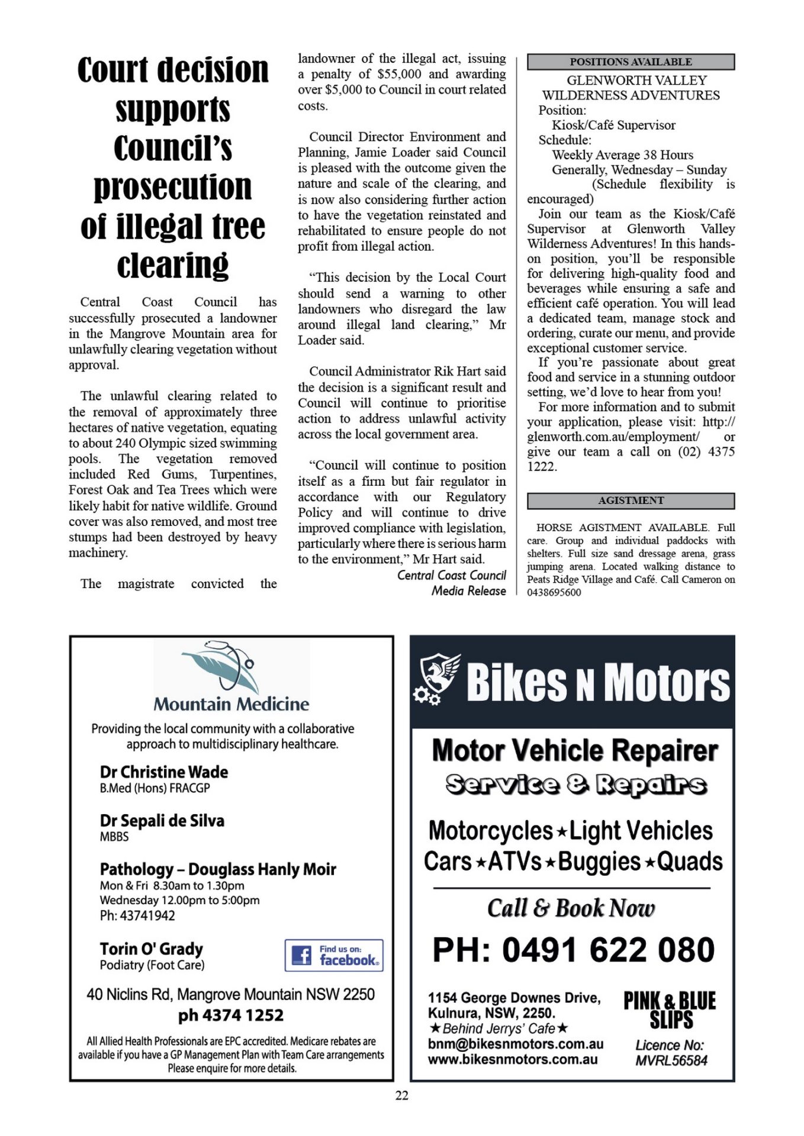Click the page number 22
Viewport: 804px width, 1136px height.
click(x=401, y=1096)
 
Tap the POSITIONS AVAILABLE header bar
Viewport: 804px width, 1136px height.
click(x=631, y=62)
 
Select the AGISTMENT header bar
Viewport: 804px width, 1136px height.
click(x=631, y=501)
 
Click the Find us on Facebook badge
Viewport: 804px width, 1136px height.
click(x=334, y=955)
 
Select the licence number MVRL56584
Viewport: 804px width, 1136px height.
click(x=671, y=1060)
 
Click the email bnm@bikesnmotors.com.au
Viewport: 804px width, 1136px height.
click(x=515, y=1044)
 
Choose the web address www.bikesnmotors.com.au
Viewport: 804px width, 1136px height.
click(x=513, y=1060)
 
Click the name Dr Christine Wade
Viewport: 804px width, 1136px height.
click(x=164, y=772)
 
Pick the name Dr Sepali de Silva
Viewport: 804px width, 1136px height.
click(x=162, y=821)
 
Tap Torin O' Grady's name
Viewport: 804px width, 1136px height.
click(x=152, y=949)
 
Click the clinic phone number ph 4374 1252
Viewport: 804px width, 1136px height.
click(x=231, y=1015)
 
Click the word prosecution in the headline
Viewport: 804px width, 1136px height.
click(x=173, y=188)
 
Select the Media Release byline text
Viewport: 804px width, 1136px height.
click(x=468, y=590)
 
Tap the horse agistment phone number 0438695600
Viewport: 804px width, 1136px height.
click(x=554, y=592)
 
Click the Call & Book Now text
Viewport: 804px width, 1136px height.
click(x=571, y=908)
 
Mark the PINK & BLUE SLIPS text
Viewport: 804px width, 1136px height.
click(x=670, y=1010)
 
